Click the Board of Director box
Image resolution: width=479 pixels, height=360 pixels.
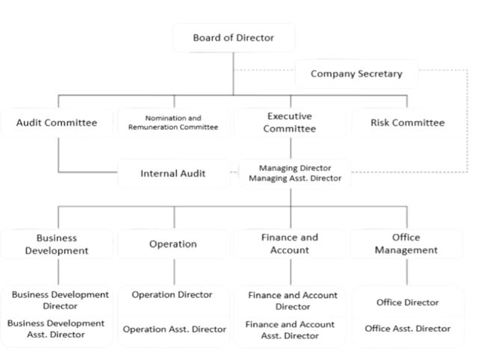(x=234, y=38)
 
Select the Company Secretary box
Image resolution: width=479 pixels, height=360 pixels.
(x=356, y=74)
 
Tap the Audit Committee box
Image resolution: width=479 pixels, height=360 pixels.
(x=57, y=122)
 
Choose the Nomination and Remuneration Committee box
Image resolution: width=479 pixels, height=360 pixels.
(x=173, y=122)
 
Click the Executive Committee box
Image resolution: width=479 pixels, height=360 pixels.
(x=290, y=122)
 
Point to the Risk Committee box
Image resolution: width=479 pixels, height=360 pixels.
(x=407, y=122)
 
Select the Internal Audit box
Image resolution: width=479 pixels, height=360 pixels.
(x=173, y=173)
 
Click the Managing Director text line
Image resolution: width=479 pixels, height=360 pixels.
(x=295, y=168)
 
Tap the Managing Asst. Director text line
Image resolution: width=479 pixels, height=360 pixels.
(x=295, y=178)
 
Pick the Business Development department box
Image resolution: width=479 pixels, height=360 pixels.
(x=57, y=244)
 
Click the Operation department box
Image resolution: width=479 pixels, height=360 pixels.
(x=173, y=244)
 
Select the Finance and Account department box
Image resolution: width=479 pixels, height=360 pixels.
(x=290, y=244)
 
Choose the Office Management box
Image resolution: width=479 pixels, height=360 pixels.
(x=407, y=244)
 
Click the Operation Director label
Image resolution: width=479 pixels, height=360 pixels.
(x=172, y=295)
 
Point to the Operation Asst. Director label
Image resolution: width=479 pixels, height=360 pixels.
(x=174, y=329)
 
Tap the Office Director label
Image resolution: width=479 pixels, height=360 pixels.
(x=407, y=302)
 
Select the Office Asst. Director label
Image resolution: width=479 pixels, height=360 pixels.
(x=407, y=329)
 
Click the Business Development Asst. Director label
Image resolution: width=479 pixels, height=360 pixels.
(x=56, y=329)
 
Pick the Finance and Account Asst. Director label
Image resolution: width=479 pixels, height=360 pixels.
(x=290, y=330)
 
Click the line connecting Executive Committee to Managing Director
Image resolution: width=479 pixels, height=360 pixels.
(x=291, y=148)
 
